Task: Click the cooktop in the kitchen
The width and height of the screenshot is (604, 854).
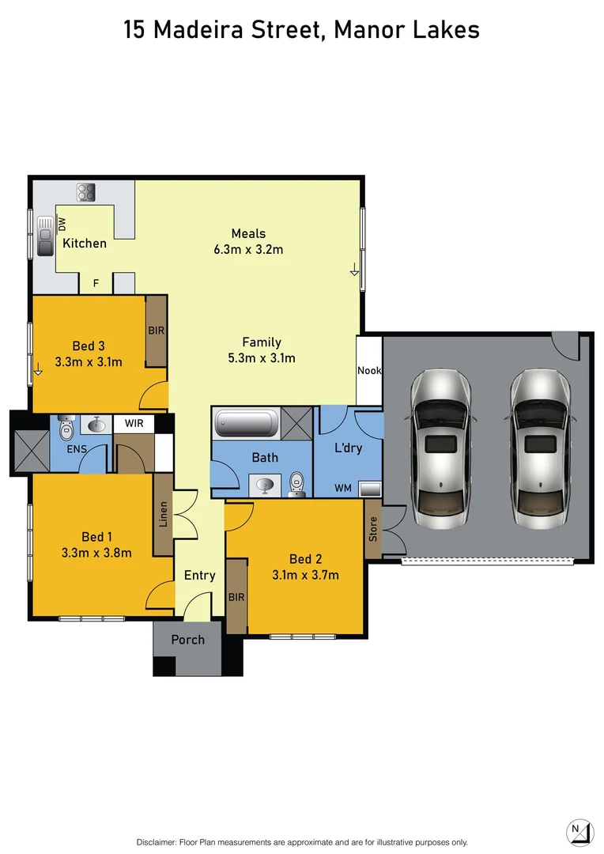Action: pos(86,192)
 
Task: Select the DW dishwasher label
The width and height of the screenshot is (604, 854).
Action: pos(62,224)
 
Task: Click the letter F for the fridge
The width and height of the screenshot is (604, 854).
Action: pos(96,282)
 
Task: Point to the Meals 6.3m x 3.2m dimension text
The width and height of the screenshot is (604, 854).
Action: pos(248,250)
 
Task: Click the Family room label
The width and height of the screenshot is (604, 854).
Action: pos(262,342)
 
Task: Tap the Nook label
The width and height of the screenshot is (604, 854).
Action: pos(368,370)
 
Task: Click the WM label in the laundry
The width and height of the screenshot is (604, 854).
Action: pos(343,489)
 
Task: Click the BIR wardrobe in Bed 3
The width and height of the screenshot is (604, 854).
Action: pos(157,331)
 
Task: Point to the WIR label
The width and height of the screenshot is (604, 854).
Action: pos(133,423)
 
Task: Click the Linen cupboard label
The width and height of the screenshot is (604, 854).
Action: pos(164,514)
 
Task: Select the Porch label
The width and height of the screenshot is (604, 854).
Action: pos(187,640)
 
